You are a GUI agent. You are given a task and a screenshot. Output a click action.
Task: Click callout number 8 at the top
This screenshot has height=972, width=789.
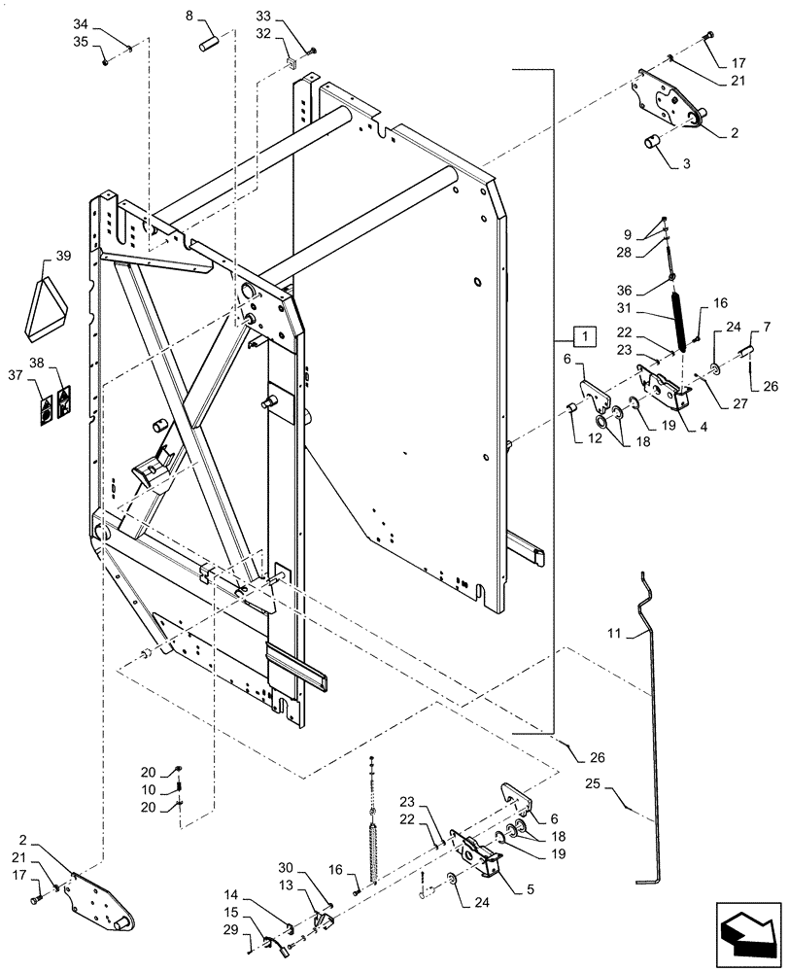[x=189, y=17]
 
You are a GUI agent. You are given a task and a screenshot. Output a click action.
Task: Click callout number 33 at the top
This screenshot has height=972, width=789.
[x=264, y=17]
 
